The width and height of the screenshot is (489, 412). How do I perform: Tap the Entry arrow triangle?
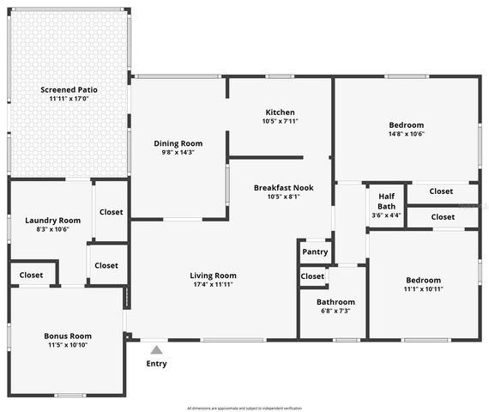156,349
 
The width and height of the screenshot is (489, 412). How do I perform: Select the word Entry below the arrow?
156,363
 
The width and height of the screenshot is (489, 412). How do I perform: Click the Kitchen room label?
280,112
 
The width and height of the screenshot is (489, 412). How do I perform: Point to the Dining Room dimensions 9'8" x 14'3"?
178,152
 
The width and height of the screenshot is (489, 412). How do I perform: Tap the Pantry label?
315,251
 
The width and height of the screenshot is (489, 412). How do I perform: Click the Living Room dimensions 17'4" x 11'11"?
213,284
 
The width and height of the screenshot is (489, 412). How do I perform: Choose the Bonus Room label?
68,336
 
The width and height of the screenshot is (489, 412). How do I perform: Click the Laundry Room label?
52,221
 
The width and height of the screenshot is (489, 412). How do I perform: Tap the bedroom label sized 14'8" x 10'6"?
406,124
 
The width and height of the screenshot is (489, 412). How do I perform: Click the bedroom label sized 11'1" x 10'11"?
423,281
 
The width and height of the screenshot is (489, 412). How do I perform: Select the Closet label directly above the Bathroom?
312,276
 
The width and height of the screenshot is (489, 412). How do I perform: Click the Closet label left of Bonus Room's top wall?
31,275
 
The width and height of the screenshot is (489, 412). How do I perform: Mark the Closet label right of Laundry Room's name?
111,212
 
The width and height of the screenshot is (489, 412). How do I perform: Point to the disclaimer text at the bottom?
244,408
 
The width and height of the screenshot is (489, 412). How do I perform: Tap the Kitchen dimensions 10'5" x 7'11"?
280,121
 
